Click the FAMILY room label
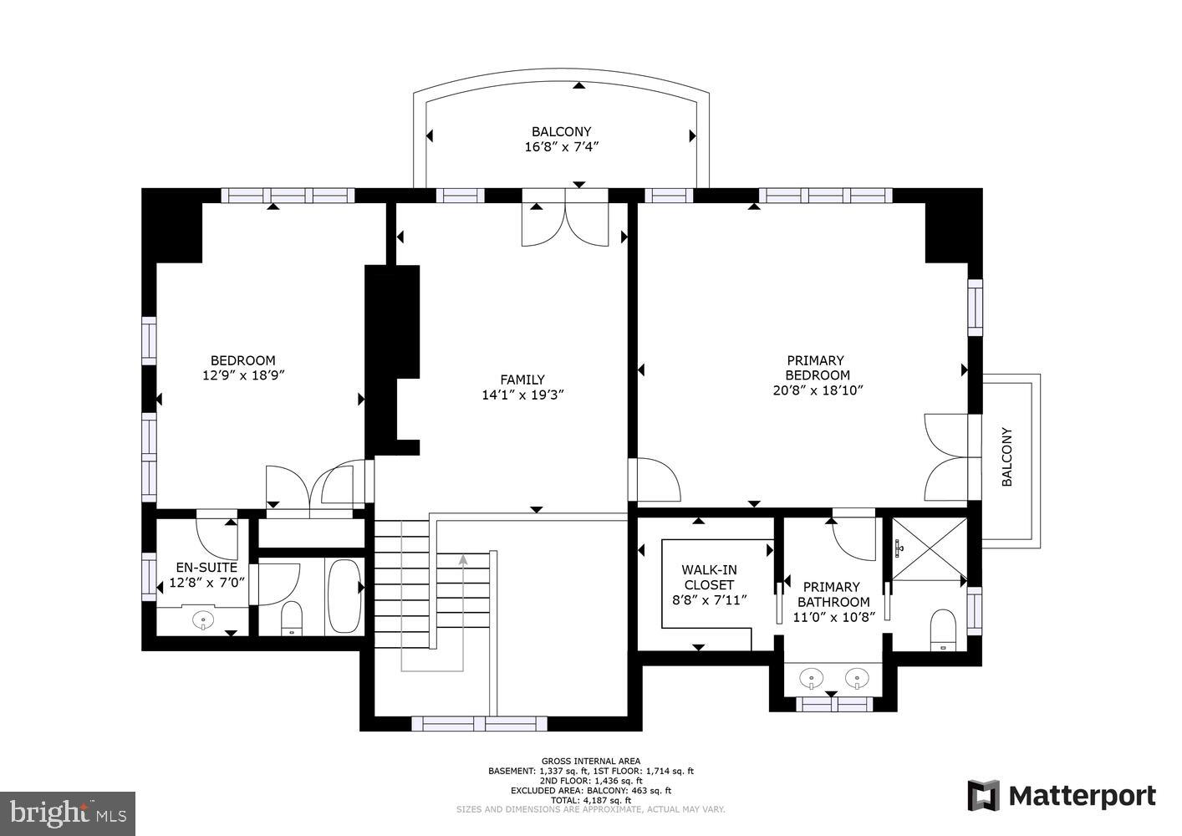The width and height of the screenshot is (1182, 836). pos(522,380)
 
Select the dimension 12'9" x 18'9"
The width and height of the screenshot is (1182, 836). pos(243,375)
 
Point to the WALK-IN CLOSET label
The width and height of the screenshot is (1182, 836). pos(709,577)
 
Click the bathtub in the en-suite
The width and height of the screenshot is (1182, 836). pos(344,596)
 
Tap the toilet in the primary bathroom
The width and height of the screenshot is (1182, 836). pos(943,630)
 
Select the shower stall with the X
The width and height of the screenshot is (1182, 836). pos(929,549)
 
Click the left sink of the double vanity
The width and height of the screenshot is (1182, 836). pos(810,678)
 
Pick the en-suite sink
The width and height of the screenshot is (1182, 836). pos(203,620)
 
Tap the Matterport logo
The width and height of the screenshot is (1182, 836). pos(1062,795)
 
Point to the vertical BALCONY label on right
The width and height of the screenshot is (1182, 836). pos(1007,457)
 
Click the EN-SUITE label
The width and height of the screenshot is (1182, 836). pos(206,568)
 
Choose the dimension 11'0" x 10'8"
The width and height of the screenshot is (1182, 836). pos(833,617)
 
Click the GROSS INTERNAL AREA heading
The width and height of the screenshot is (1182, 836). pos(590,761)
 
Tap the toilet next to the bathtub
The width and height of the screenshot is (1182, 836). pos(292,618)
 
